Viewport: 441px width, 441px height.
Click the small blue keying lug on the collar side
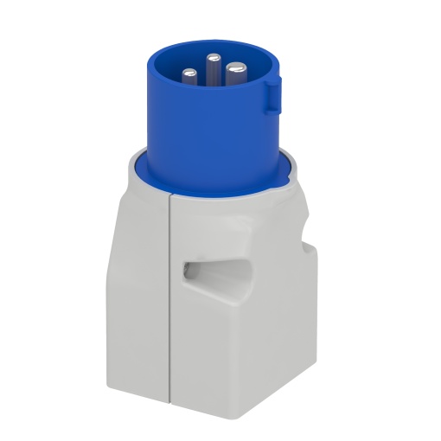(272, 94)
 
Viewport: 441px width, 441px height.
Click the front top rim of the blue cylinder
(212, 93)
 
